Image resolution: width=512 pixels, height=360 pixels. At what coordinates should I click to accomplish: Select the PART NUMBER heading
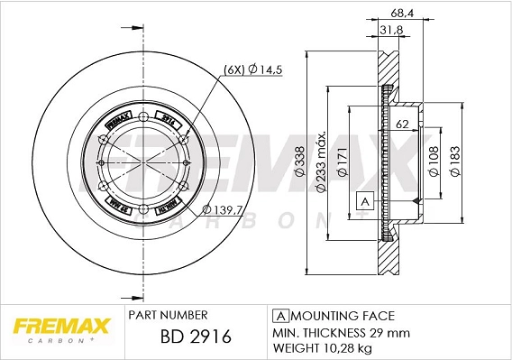tap(169, 315)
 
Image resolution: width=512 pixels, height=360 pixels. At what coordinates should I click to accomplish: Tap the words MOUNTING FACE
tap(342, 316)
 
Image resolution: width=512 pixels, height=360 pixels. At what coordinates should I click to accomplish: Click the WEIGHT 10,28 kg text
tap(324, 346)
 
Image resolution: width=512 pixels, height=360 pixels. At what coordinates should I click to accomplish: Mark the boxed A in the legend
tap(279, 316)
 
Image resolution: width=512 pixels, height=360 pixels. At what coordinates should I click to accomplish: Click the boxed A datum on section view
tap(364, 200)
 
